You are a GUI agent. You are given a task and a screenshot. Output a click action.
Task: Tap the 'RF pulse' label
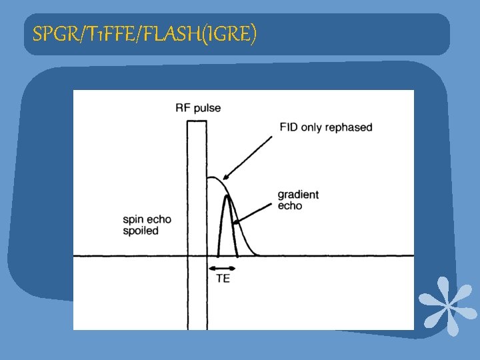point(198,108)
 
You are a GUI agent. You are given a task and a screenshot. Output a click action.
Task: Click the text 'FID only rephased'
point(326,127)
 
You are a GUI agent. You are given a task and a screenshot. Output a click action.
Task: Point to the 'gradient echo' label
point(298,200)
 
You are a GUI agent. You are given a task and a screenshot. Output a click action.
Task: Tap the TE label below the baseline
point(223,279)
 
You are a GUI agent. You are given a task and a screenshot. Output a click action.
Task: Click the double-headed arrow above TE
point(223,267)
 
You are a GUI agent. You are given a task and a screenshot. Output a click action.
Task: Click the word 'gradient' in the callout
point(298,195)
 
